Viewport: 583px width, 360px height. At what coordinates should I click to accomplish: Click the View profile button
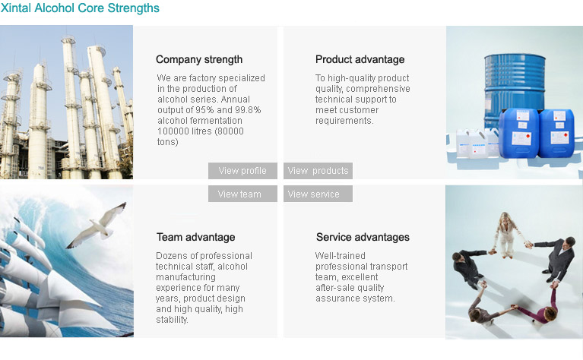(x=242, y=171)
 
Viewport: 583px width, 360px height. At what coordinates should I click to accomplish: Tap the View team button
(x=242, y=194)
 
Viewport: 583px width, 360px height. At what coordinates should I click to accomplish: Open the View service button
(x=318, y=194)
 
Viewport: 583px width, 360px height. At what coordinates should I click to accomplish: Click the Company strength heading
(x=199, y=59)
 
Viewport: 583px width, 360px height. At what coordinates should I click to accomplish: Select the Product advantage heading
(x=360, y=59)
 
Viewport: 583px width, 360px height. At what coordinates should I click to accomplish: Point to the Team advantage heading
(x=195, y=237)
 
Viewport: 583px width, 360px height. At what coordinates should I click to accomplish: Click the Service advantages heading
(x=363, y=237)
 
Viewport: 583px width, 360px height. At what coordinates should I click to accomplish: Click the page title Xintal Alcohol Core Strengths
(x=80, y=8)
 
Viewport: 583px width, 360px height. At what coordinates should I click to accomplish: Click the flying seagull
(x=97, y=226)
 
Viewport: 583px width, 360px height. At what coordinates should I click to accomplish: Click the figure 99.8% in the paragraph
(x=248, y=110)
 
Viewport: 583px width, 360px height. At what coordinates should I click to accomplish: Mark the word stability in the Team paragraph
(x=172, y=320)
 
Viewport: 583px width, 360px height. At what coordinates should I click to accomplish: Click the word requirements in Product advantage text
(x=344, y=121)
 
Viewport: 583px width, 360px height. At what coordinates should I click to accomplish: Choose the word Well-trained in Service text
(x=341, y=256)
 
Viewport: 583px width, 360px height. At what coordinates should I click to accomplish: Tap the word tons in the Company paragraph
(x=168, y=142)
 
